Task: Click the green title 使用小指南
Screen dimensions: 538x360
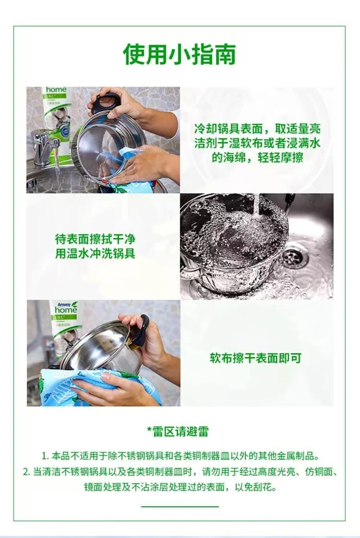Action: [180, 55]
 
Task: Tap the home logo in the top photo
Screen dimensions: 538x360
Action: [56, 90]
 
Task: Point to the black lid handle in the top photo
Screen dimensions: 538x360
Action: [107, 102]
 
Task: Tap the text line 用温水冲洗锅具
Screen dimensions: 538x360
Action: [95, 254]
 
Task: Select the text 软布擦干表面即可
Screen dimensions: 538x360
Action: [255, 358]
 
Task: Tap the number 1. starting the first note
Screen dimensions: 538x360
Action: [45, 456]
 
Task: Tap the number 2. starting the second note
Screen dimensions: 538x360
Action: [27, 472]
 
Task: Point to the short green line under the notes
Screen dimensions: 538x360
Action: [180, 506]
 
